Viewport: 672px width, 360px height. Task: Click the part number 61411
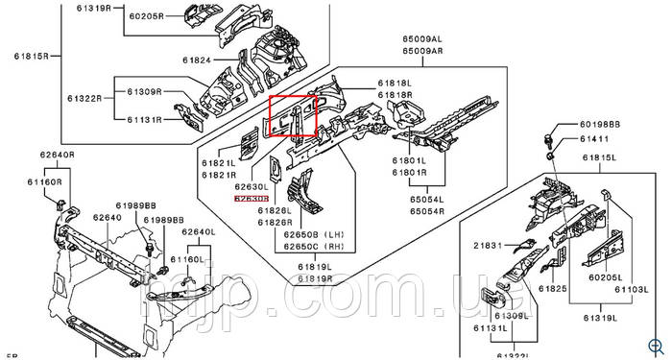tap(597, 140)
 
